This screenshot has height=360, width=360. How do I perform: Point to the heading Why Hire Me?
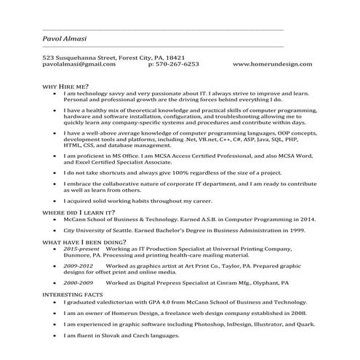(x=65, y=87)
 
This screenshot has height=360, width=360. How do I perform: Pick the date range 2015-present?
(x=79, y=249)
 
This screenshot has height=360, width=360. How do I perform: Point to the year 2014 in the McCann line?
(x=305, y=218)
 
